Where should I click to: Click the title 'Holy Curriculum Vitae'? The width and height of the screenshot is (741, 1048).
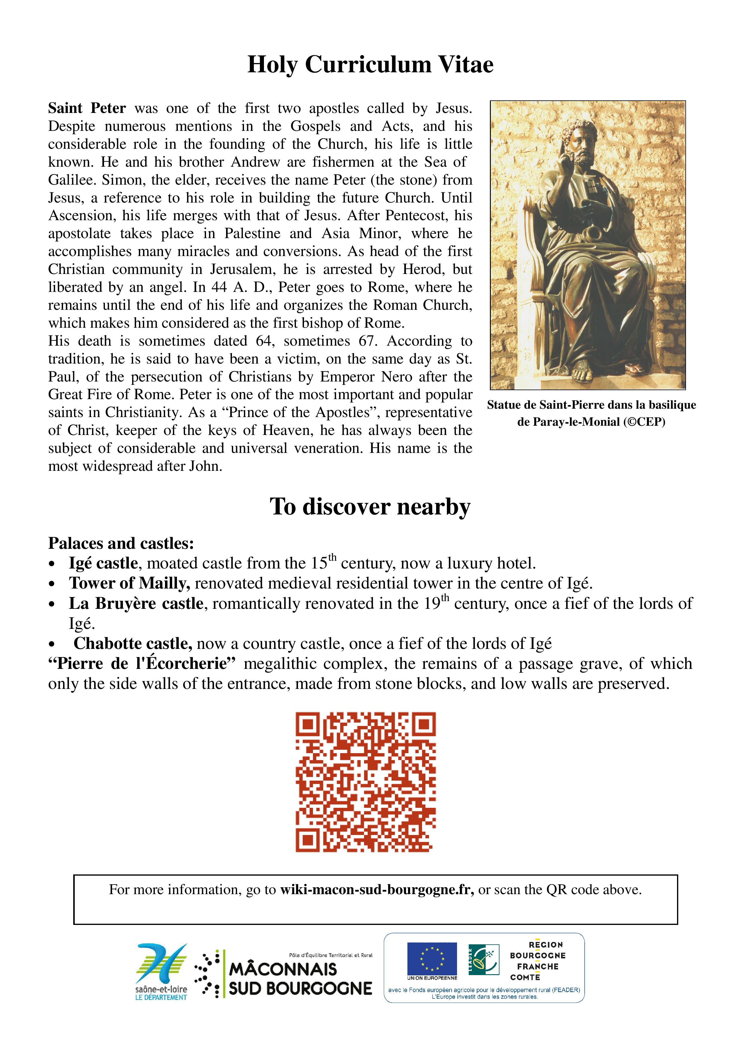point(370,64)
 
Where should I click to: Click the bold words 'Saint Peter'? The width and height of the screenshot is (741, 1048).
point(87,109)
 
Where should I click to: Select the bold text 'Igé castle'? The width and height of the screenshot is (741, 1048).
point(103,563)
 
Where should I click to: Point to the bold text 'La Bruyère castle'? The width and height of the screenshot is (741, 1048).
point(136,603)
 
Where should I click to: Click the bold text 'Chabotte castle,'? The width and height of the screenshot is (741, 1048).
point(132,643)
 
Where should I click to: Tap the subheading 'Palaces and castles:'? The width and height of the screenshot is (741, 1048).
point(121,543)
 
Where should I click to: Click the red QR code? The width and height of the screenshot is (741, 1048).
point(365,782)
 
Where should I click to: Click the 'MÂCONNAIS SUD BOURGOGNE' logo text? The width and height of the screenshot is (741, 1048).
point(300,979)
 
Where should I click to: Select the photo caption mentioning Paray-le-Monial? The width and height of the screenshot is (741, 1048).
point(591,413)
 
